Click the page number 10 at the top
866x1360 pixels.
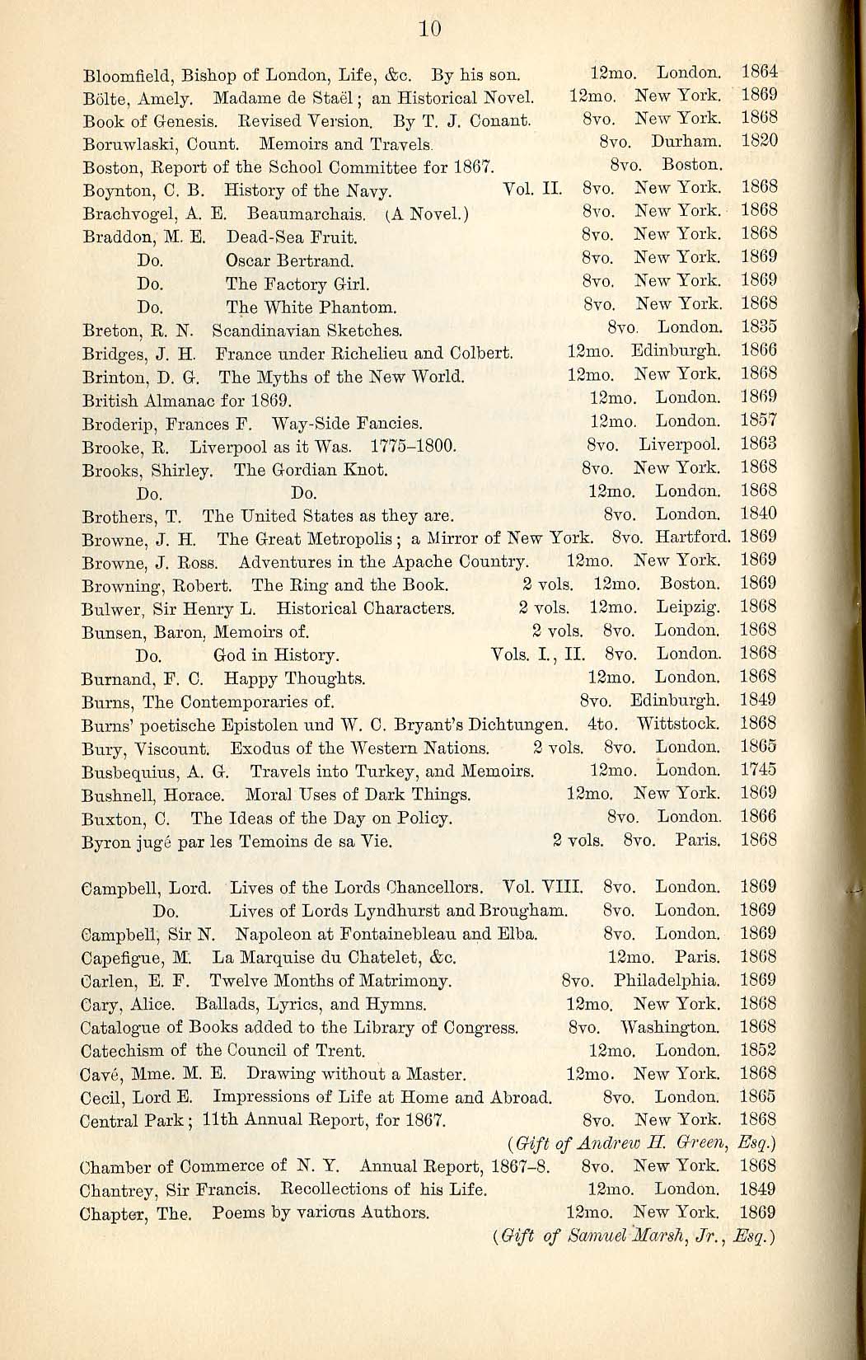point(430,30)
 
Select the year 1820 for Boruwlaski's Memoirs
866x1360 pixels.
point(759,141)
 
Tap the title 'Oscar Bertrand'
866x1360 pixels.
point(290,261)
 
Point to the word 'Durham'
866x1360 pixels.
point(686,142)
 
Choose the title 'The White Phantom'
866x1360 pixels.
point(311,308)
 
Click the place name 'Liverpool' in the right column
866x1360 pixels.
point(679,445)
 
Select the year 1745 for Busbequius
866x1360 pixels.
point(758,771)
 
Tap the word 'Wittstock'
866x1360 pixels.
point(678,725)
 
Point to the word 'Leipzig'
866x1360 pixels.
point(689,607)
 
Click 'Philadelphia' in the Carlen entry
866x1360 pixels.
point(667,982)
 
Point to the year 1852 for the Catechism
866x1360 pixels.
point(758,1051)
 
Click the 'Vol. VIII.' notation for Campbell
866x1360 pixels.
point(543,888)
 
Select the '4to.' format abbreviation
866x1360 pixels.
point(602,725)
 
